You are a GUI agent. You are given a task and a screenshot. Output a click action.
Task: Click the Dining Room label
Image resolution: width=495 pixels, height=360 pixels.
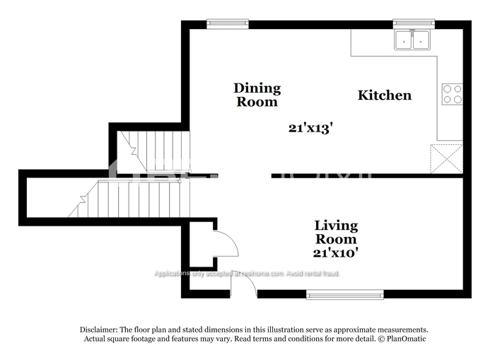pyautogui.click(x=257, y=95)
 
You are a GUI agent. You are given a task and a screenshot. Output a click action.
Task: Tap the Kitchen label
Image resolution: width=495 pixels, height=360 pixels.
pyautogui.click(x=384, y=95)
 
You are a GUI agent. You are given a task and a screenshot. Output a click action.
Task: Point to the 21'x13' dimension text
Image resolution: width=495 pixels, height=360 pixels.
pyautogui.click(x=310, y=128)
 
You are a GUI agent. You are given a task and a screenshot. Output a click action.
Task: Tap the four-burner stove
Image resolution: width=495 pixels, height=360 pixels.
pyautogui.click(x=452, y=94)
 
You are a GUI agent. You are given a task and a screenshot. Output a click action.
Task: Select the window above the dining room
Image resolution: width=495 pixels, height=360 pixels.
pyautogui.click(x=227, y=23)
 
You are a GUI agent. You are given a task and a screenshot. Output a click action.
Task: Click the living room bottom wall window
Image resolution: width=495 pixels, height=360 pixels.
pyautogui.click(x=344, y=294)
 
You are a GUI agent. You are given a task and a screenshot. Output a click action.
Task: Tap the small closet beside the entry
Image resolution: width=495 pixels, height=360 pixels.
pyautogui.click(x=202, y=244)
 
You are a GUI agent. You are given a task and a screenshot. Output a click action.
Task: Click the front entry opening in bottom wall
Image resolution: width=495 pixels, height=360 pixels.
pyautogui.click(x=244, y=294)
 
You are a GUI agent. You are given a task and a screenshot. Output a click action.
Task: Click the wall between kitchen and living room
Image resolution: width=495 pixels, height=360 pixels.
pyautogui.click(x=368, y=175)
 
